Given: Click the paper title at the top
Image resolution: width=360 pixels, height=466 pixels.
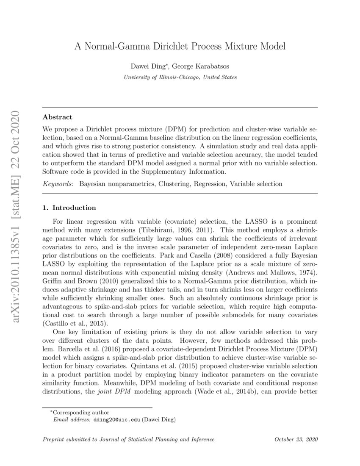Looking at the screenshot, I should pos(180,46).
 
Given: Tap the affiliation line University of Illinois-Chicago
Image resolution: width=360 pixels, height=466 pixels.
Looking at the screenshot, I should pos(180,77).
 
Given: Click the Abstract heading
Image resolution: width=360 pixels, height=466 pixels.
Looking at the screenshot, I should pos(58,117).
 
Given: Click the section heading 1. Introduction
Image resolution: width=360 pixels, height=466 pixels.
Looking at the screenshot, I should pos(69,208).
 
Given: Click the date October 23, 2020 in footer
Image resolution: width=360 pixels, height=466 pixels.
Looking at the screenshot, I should pos(296,439).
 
